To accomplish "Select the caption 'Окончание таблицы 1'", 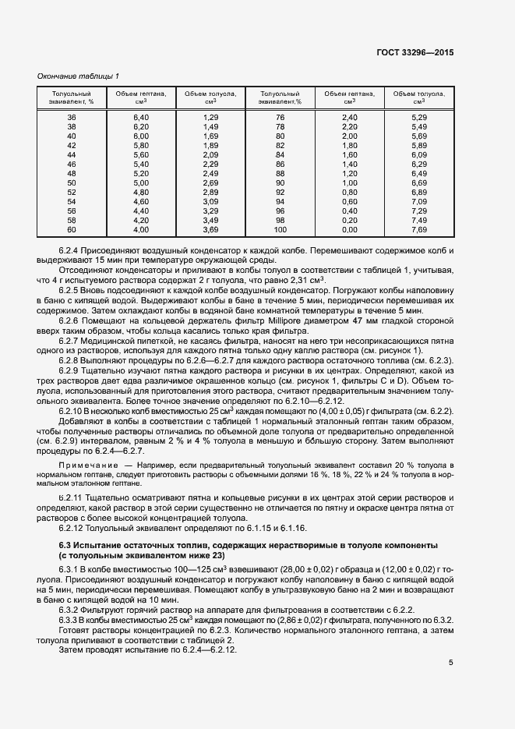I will [x=78, y=76].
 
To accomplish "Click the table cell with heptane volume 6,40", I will [x=140, y=117].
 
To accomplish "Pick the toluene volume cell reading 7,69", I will [x=419, y=230].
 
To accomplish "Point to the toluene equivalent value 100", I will [x=280, y=230].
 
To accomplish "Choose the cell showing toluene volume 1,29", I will [x=210, y=117].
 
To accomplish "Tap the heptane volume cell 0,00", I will [x=349, y=230].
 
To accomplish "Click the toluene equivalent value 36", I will [x=72, y=117].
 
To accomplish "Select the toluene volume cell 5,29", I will [x=419, y=117].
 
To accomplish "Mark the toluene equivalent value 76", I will [x=280, y=117].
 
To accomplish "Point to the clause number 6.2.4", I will [x=72, y=253].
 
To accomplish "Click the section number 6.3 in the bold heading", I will [x=67, y=543].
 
